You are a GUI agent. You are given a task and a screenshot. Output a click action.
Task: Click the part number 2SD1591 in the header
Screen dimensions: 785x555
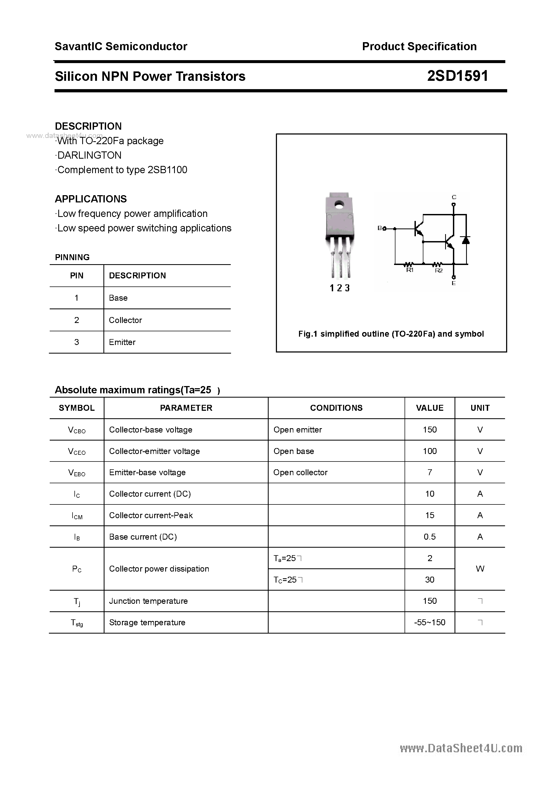[x=457, y=76]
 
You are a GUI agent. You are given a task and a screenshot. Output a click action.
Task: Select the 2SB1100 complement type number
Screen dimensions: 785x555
[x=167, y=170]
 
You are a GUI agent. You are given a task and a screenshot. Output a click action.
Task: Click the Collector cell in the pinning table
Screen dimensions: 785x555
[x=125, y=320]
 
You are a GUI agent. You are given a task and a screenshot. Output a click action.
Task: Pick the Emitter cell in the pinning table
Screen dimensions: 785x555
[x=122, y=342]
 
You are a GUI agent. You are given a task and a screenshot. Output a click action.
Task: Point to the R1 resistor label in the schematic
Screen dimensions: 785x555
[x=410, y=270]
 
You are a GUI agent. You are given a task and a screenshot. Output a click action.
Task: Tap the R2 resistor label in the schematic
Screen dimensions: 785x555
[x=439, y=270]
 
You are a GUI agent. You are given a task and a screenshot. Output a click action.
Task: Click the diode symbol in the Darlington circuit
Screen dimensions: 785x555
[x=465, y=240]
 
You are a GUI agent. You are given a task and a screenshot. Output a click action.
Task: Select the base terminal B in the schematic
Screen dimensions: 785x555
[x=380, y=228]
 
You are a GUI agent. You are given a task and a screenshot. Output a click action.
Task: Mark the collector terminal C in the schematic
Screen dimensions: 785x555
[x=454, y=197]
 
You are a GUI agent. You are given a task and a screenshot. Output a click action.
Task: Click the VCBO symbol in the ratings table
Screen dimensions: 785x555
[x=77, y=430]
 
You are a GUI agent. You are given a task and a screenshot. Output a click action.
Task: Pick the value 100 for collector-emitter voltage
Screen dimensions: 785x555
[x=430, y=451]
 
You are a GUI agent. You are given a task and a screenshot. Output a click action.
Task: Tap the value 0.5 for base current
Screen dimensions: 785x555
[x=430, y=537]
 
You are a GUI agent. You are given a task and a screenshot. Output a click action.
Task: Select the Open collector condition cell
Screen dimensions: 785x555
[x=300, y=473]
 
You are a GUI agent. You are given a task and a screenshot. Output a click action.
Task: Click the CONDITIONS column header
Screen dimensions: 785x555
[x=336, y=408]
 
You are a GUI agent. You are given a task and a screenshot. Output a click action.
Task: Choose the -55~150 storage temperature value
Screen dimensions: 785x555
[x=430, y=622]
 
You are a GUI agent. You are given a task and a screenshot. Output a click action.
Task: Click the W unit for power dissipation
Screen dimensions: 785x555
[x=480, y=569]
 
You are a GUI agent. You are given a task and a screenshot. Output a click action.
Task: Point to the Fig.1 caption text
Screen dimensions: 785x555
[x=391, y=334]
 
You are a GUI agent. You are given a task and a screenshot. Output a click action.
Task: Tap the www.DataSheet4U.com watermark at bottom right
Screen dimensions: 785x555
[x=461, y=748]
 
